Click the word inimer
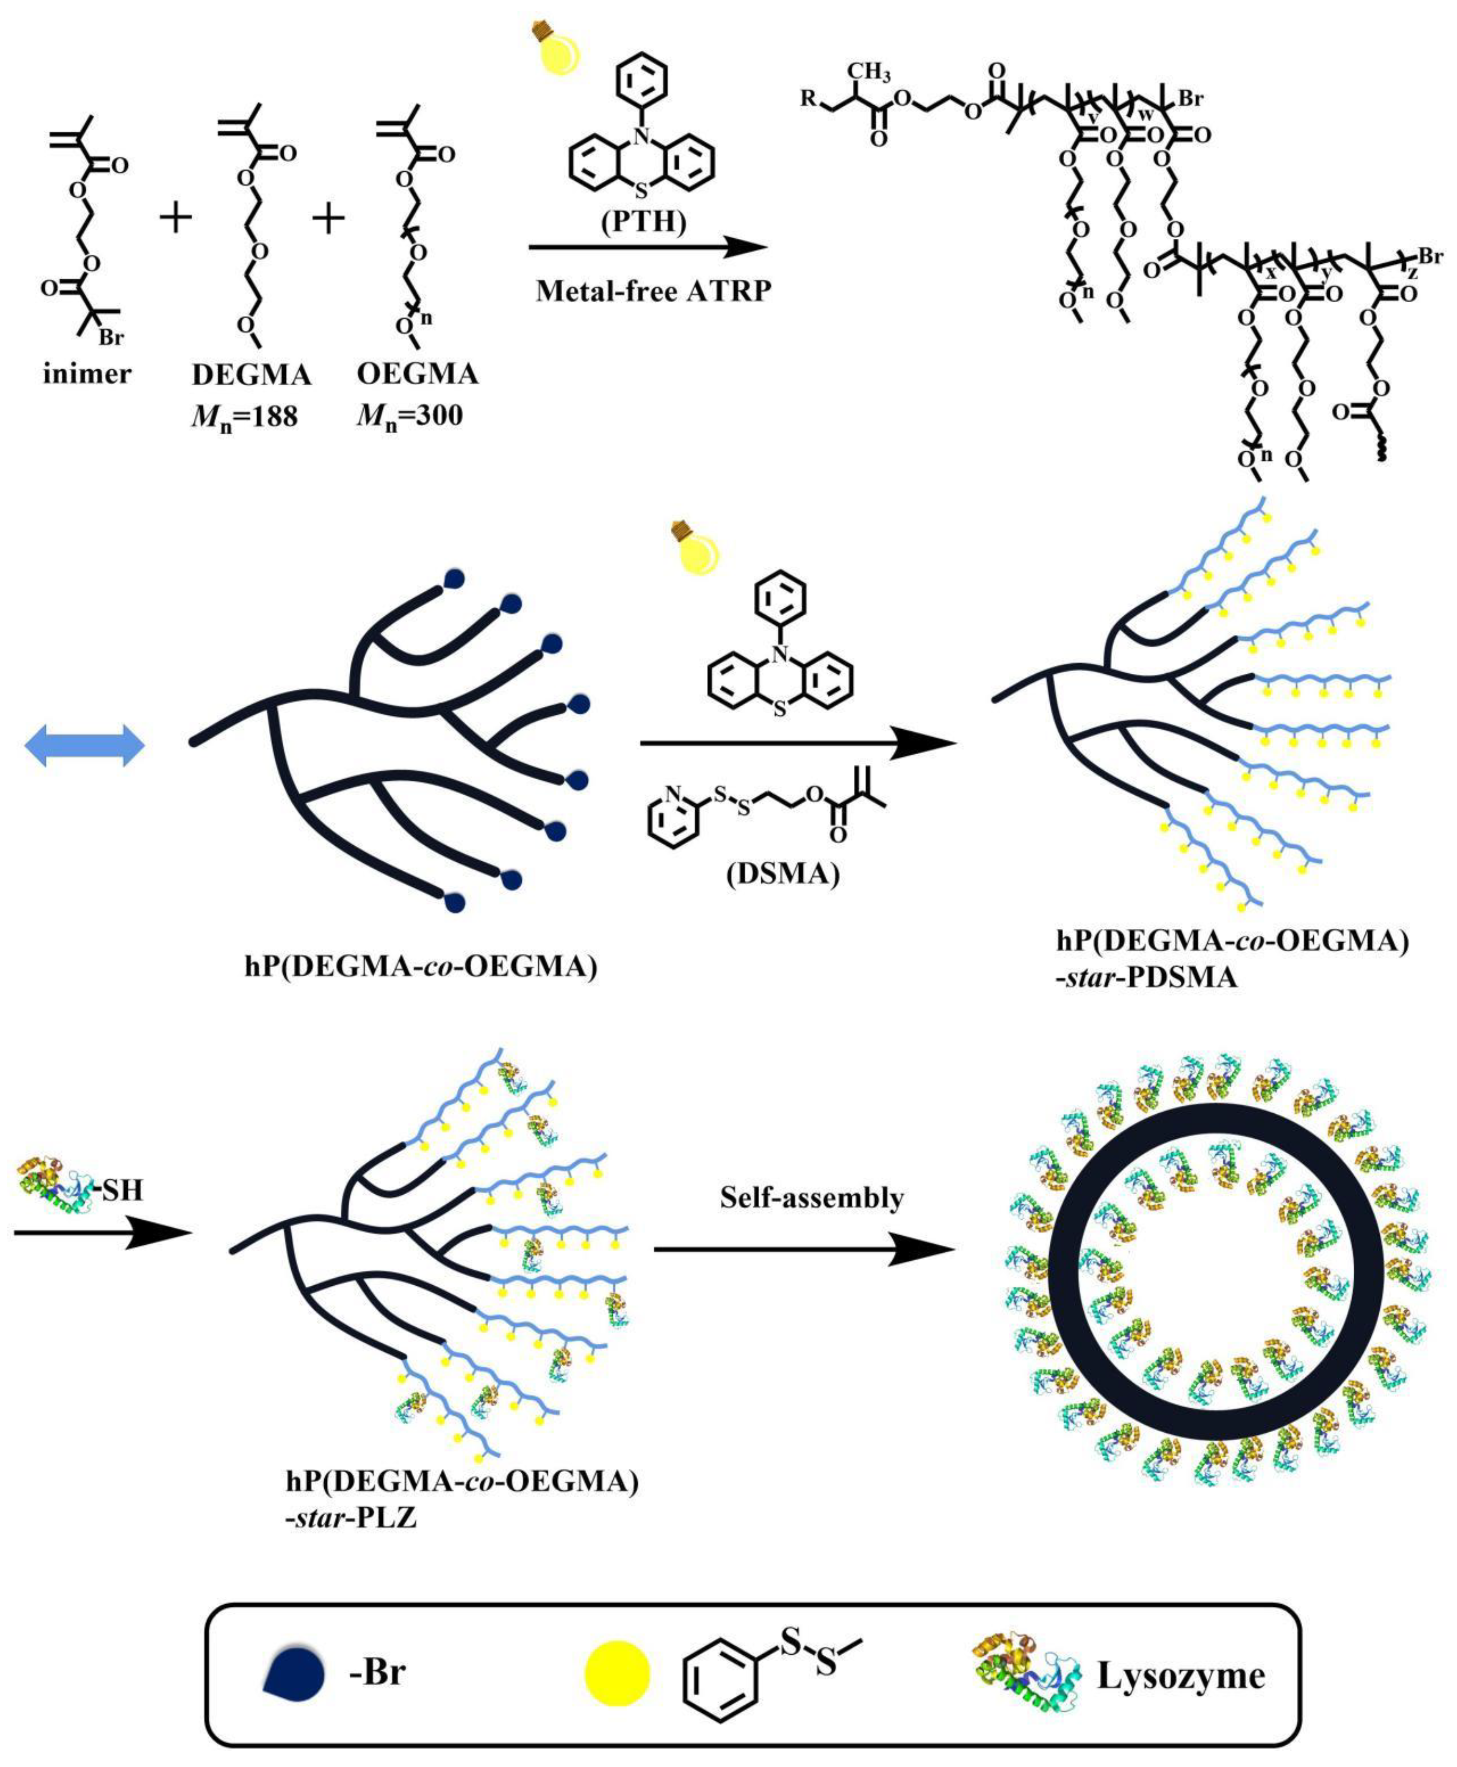point(87,373)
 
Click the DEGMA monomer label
point(251,374)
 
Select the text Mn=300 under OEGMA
point(409,415)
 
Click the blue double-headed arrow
point(85,746)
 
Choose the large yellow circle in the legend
point(616,1673)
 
